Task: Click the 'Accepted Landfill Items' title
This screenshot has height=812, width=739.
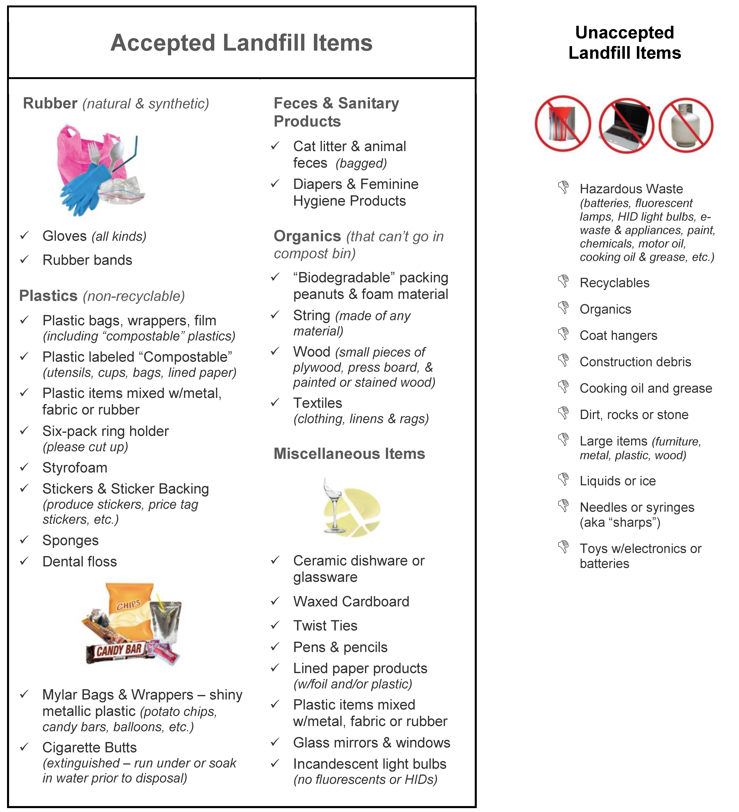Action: coord(241,43)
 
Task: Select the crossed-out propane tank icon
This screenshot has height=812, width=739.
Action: coord(686,125)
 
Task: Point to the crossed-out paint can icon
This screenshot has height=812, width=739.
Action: coord(563,124)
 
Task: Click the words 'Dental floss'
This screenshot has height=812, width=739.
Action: coord(80,562)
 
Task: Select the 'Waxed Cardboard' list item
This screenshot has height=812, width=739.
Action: coord(351,601)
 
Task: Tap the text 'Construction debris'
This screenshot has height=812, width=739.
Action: coord(635,362)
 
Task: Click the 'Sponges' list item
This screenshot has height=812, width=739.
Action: coord(70,541)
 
